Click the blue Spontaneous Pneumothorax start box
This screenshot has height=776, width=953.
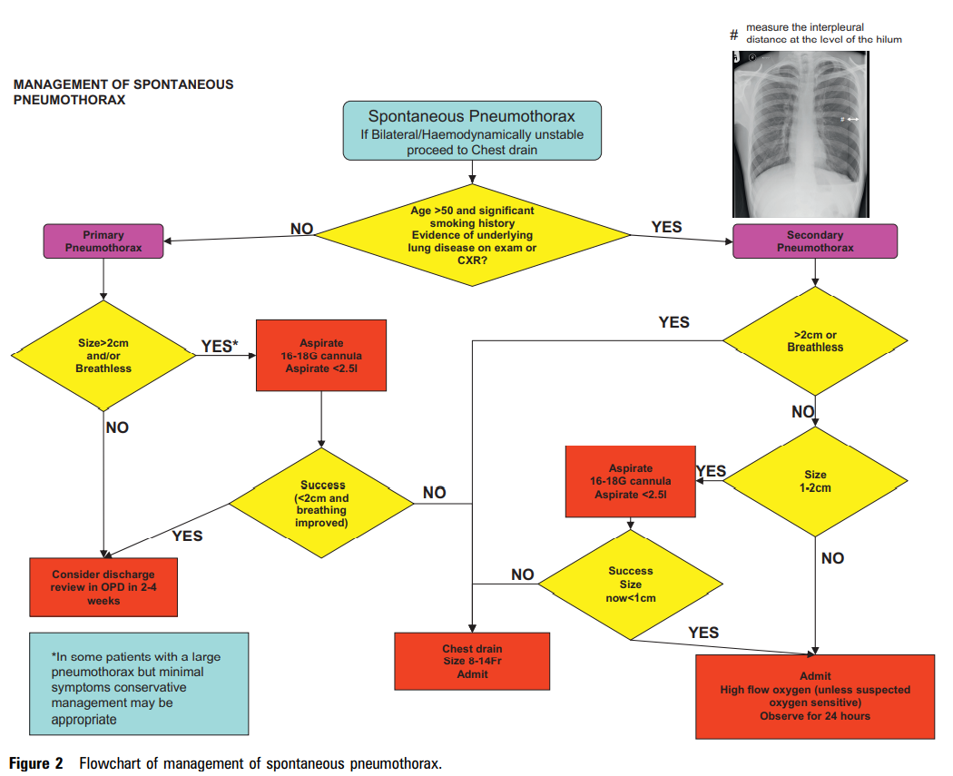472,131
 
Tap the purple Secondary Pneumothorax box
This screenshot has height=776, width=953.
814,241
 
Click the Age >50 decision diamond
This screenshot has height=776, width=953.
472,234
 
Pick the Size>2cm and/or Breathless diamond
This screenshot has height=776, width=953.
104,356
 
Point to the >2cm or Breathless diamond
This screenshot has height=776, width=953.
814,340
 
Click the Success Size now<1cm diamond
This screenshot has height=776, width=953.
631,584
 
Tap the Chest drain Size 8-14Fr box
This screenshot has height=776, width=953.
472,662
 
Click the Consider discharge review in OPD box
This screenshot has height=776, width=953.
103,587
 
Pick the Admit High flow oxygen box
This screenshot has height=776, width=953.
815,696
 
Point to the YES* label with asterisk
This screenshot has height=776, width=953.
220,346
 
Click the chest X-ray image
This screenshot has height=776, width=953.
801,133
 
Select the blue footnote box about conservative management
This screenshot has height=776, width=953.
139,683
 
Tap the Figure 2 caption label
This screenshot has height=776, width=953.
36,763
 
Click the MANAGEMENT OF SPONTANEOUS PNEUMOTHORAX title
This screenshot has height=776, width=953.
123,93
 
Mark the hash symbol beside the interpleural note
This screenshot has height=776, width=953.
734,34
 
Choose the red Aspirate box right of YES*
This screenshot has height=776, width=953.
321,356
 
